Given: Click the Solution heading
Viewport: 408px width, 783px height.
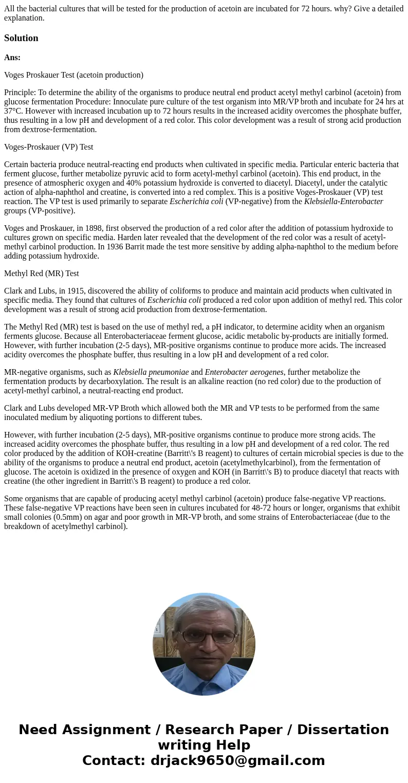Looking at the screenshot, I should tap(21, 38).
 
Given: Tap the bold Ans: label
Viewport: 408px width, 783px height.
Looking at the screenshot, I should tap(12, 58).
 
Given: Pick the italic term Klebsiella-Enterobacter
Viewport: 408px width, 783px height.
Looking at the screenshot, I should tap(343, 202).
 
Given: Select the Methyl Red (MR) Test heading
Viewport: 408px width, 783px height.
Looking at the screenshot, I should tap(42, 274).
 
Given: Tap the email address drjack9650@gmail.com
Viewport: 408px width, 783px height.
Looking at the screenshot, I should tap(237, 761).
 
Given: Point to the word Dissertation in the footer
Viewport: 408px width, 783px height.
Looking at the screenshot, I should tap(343, 730).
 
